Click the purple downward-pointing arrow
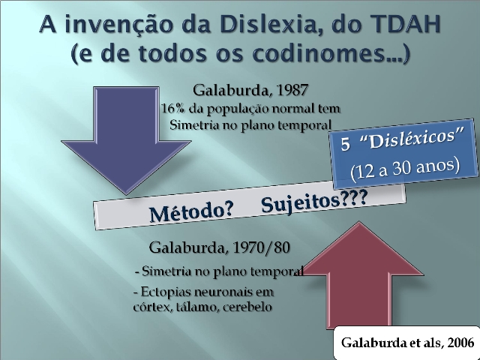(x=126, y=140)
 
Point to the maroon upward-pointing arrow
(x=359, y=275)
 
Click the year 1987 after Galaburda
(x=292, y=90)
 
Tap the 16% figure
(x=172, y=108)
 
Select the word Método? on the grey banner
(x=191, y=211)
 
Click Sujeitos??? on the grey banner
(x=314, y=202)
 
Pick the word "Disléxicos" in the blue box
(x=412, y=138)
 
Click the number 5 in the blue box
(x=345, y=144)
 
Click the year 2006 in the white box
(x=460, y=342)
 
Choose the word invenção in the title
(x=118, y=25)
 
